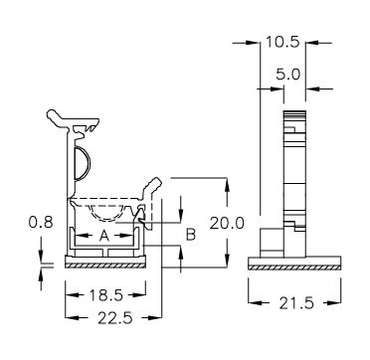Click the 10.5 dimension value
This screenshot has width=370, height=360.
(282, 42)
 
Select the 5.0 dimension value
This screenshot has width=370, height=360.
(287, 75)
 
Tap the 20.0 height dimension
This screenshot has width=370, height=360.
(227, 223)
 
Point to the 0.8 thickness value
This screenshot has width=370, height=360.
(41, 222)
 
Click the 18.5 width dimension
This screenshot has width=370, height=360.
(105, 294)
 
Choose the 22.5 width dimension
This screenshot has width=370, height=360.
(115, 318)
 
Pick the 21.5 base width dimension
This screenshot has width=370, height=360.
(296, 303)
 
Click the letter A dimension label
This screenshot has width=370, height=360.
(104, 236)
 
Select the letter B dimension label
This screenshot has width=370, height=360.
(191, 235)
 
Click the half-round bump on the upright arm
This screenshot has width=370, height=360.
(87, 163)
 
